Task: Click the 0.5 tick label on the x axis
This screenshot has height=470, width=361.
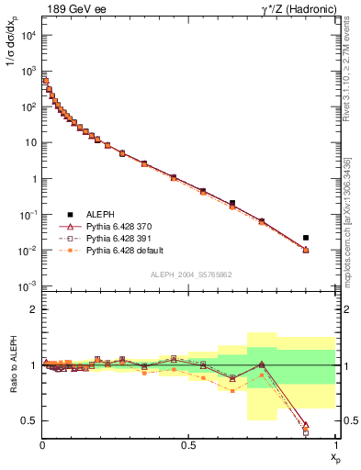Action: click(x=188, y=445)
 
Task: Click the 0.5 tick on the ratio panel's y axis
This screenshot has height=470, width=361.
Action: click(x=28, y=420)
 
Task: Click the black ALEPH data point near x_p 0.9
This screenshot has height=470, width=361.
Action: click(x=306, y=238)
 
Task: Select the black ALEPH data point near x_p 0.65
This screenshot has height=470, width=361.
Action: click(x=232, y=203)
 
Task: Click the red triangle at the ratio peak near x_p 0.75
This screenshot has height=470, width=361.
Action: click(x=262, y=364)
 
